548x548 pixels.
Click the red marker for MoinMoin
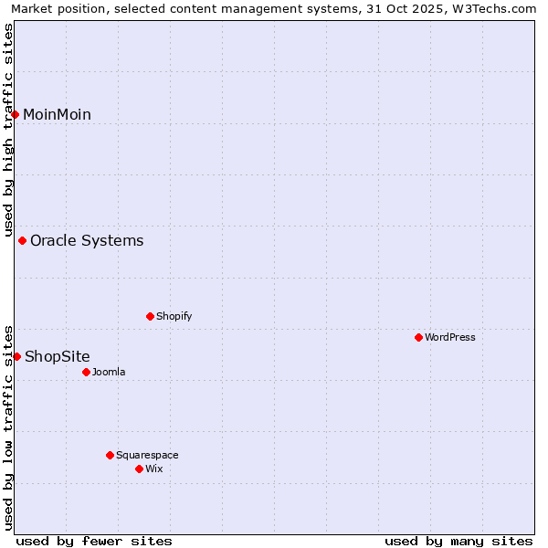[16, 114]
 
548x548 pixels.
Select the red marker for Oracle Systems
[23, 241]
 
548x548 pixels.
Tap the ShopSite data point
[16, 356]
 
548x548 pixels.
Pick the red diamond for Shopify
[150, 316]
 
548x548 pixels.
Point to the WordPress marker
[418, 337]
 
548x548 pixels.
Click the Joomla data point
[86, 372]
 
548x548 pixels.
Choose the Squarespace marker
[110, 455]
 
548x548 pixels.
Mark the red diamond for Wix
[139, 469]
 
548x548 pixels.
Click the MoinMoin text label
[57, 114]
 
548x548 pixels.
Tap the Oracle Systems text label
[87, 241]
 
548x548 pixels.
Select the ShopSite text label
[58, 356]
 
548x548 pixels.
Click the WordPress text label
[450, 337]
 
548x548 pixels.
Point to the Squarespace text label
[147, 455]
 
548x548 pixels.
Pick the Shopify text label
[174, 316]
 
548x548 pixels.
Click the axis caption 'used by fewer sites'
[94, 541]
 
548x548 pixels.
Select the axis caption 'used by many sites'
[458, 541]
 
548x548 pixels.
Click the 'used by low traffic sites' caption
[8, 427]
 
